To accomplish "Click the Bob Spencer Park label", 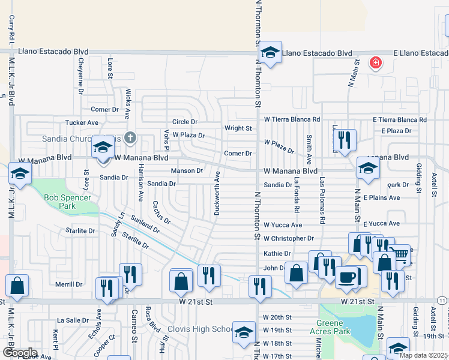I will pyautogui.click(x=67, y=202).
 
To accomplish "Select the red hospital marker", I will pyautogui.click(x=376, y=62).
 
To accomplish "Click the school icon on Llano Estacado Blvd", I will pyautogui.click(x=271, y=53).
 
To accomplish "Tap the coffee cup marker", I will pyautogui.click(x=346, y=277).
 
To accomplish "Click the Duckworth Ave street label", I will pyautogui.click(x=217, y=193).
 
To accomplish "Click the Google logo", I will pyautogui.click(x=20, y=352).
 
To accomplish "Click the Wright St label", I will pyautogui.click(x=238, y=128).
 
